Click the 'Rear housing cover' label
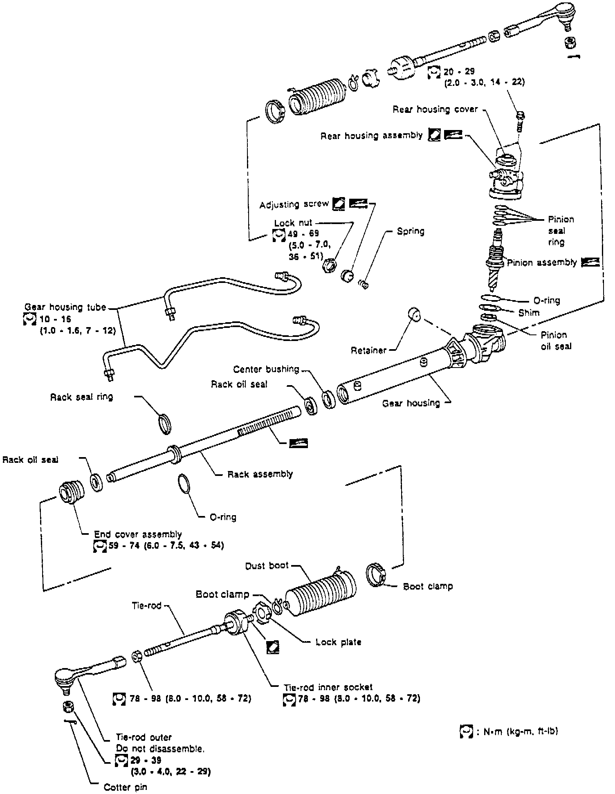click(435, 110)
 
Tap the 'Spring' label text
click(411, 231)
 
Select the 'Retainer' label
click(368, 350)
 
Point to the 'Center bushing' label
click(266, 369)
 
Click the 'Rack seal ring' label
click(82, 397)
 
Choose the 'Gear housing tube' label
click(65, 307)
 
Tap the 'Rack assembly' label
click(260, 474)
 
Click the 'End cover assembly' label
click(138, 534)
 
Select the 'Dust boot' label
click(267, 566)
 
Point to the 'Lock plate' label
click(339, 642)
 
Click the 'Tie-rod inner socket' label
click(328, 687)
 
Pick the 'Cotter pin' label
click(125, 787)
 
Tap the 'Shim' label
click(529, 313)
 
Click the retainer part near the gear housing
click(415, 315)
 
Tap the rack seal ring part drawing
click(164, 424)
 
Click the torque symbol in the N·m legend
click(466, 731)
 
